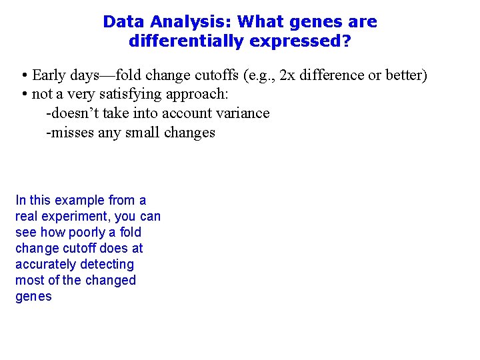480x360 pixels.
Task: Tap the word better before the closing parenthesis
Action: (403, 75)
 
